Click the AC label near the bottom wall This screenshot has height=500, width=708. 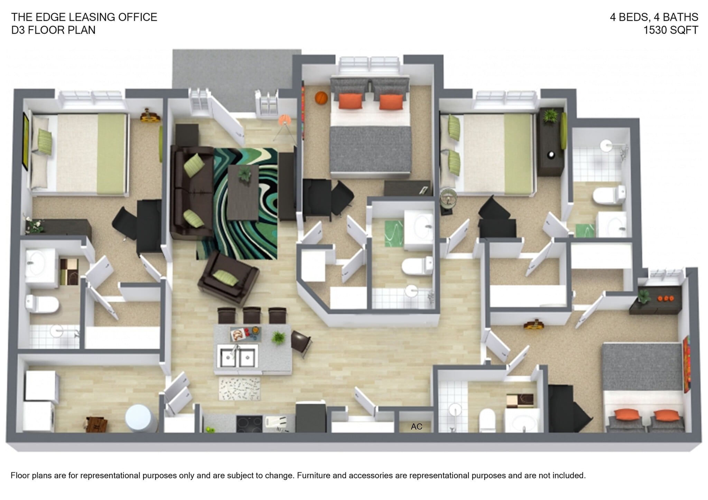(x=416, y=427)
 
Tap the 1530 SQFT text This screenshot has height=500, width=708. (x=670, y=30)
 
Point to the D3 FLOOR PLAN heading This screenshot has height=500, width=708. (x=53, y=30)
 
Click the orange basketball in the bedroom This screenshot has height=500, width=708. (x=321, y=98)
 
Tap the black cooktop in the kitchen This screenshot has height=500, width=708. (x=249, y=423)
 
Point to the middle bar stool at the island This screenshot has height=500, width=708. (x=252, y=315)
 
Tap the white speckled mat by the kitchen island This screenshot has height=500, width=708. (x=240, y=388)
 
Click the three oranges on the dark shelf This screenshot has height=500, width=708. (x=665, y=298)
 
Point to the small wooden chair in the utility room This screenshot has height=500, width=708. (x=97, y=425)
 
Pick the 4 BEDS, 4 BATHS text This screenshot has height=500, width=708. (x=654, y=17)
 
